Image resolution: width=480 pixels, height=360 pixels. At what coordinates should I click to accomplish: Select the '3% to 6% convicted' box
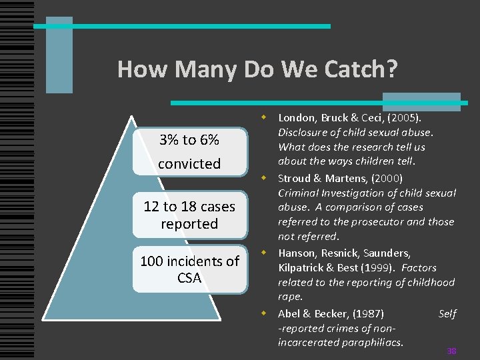[189, 151]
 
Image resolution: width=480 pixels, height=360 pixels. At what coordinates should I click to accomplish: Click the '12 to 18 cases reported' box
[189, 215]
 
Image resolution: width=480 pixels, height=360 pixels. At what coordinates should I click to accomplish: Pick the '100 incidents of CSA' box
[189, 269]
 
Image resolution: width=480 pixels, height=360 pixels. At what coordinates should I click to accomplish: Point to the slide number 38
[451, 351]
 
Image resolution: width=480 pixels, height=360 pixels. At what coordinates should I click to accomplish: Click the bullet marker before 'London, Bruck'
[264, 117]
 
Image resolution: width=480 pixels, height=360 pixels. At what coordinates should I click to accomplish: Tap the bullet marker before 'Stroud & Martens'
[264, 178]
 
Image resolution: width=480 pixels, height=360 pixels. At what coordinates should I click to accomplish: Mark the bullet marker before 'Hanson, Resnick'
[264, 253]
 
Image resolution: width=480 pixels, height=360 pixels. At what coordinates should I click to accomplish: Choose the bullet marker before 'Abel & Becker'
[264, 313]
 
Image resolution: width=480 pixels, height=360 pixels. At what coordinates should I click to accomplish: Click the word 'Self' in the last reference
[447, 313]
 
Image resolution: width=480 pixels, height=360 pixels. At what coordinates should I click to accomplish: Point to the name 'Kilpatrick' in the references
[303, 267]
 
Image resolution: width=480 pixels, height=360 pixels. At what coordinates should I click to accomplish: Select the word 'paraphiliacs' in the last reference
[373, 342]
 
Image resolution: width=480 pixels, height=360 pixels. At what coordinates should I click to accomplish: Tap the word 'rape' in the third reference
[289, 297]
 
